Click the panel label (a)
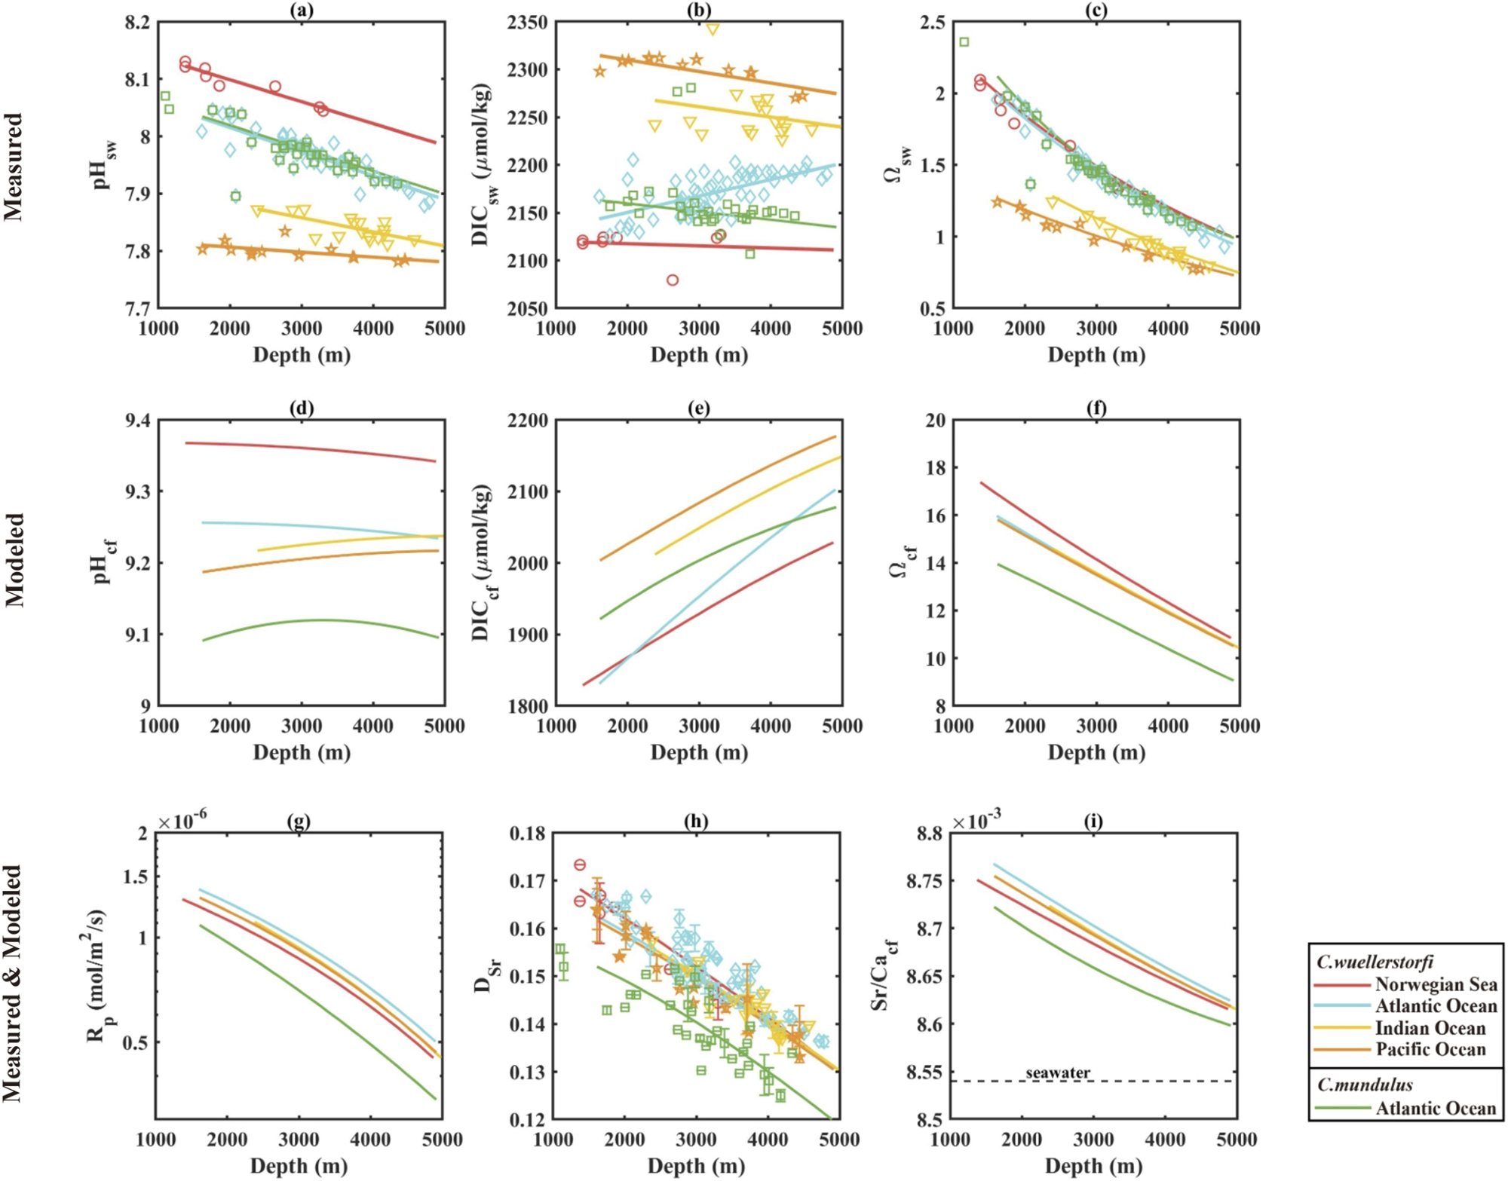click(302, 10)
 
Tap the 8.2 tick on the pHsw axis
click(137, 23)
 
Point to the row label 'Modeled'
click(14, 561)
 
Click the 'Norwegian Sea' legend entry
click(1436, 984)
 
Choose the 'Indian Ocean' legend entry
click(1430, 1028)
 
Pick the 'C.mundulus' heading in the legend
click(1365, 1085)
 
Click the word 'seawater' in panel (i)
click(1057, 1072)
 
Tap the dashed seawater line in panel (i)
click(1131, 1082)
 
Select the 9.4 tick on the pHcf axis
click(137, 421)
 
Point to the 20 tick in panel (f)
click(935, 421)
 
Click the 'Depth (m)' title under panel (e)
click(699, 752)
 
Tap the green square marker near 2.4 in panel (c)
click(964, 42)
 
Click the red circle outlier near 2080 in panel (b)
click(673, 280)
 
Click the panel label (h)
click(696, 821)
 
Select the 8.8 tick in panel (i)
click(929, 834)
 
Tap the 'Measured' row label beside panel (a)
click(14, 167)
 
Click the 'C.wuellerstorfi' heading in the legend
click(1375, 962)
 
